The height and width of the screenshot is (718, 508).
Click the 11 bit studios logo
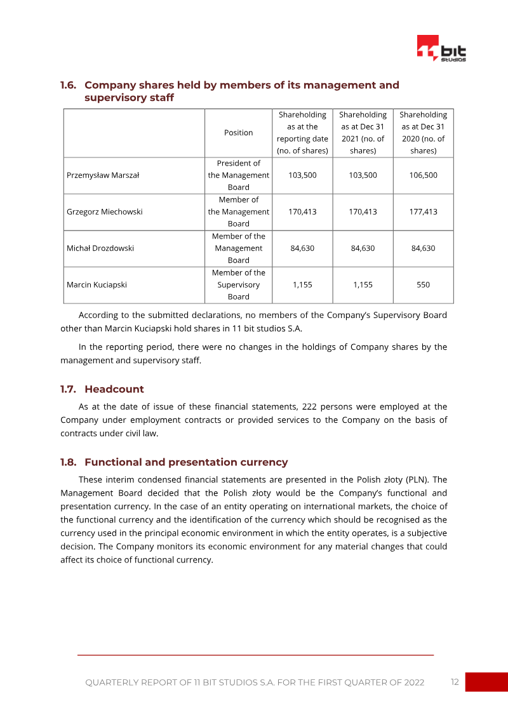coord(441,48)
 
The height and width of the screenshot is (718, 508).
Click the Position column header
coord(238,133)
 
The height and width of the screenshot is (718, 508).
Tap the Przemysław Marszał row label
coord(102,175)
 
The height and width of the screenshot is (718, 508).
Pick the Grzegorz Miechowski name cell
coord(104,212)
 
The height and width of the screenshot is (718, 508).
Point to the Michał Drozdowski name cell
coord(100,248)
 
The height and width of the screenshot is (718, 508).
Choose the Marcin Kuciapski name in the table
coord(97,285)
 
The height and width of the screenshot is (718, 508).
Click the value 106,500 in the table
coord(423,175)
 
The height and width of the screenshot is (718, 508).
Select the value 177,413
coord(423,212)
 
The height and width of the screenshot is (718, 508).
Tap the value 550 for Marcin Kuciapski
coord(423,285)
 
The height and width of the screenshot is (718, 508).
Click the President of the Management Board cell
coord(238,175)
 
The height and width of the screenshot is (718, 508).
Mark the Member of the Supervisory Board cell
coord(238,285)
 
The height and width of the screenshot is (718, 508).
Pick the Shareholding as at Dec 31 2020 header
coord(423,133)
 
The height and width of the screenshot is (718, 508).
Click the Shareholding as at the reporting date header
coord(302,133)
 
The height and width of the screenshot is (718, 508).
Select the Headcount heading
coord(114,389)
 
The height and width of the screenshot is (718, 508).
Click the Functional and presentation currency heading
coord(185,462)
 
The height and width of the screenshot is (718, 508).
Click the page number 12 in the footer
coord(455,682)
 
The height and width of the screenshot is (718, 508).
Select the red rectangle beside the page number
coord(486,682)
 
